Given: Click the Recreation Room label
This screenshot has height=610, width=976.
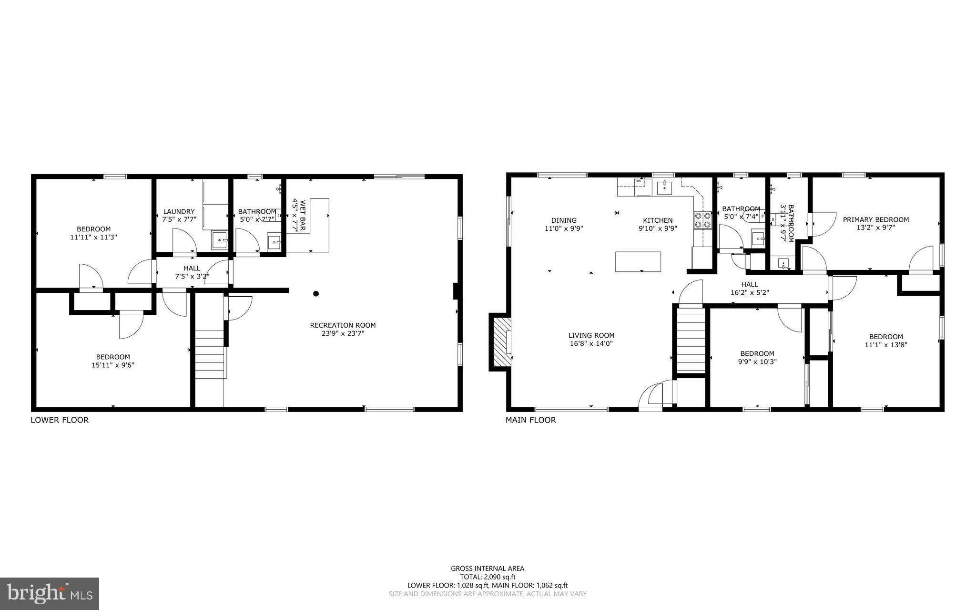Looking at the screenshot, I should [343, 325].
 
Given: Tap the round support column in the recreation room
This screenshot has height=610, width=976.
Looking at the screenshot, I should [315, 294].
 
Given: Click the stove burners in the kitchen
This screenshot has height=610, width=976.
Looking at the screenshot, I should [702, 220].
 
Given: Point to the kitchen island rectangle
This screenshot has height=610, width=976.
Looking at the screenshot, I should [638, 261].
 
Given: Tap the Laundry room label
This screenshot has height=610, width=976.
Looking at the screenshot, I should [179, 212].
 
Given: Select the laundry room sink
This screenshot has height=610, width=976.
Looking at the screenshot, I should [220, 241].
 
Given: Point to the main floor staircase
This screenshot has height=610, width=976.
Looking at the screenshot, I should [691, 340].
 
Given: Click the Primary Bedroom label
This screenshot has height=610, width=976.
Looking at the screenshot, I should [875, 220].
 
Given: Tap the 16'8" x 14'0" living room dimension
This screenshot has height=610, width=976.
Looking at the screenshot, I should [591, 343].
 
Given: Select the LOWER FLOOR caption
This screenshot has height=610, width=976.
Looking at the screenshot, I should [60, 420].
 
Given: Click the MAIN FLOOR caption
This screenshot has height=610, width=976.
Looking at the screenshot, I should [530, 420].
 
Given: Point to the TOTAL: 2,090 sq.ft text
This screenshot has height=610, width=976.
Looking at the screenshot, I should [488, 577].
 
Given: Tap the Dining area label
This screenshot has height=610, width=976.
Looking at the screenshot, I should [564, 220].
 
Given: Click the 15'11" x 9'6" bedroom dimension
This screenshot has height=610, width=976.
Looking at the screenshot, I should [113, 365].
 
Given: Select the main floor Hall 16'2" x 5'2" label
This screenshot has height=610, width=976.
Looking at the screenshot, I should [750, 289].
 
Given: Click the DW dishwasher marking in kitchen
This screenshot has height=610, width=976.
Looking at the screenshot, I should [638, 181].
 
